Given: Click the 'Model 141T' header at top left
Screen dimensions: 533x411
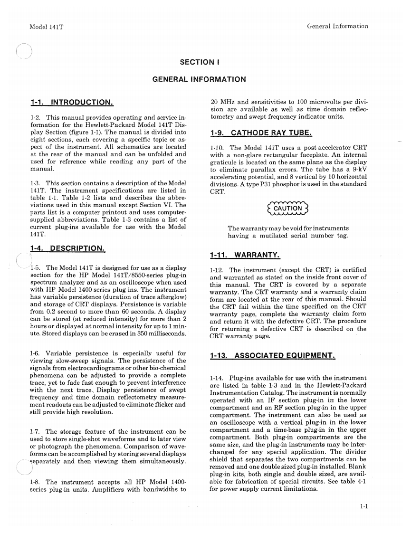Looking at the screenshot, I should pyautogui.click(x=47, y=27).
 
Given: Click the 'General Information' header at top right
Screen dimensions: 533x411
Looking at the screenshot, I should pyautogui.click(x=337, y=26).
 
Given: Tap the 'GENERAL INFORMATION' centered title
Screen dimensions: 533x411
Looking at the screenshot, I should pyautogui.click(x=199, y=79).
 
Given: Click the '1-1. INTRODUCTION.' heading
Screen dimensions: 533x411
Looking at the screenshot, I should pyautogui.click(x=71, y=102).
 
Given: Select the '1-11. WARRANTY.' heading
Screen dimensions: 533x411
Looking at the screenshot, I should pyautogui.click(x=245, y=256).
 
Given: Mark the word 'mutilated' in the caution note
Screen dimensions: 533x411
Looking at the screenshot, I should pyautogui.click(x=279, y=236).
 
